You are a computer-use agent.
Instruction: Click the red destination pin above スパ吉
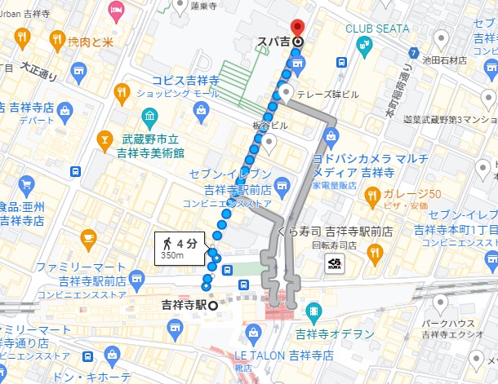pos(298,28)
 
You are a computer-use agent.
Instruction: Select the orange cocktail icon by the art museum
pos(104,141)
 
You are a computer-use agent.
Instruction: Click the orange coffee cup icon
pos(89,237)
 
